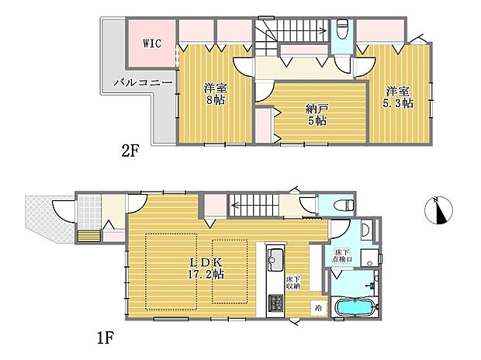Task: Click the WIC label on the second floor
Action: pyautogui.click(x=151, y=43)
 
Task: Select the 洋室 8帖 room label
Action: pyautogui.click(x=216, y=94)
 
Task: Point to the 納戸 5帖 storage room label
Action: pyautogui.click(x=315, y=116)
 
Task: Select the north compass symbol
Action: pyautogui.click(x=439, y=210)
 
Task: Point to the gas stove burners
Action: pyautogui.click(x=275, y=302)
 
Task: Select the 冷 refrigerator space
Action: pyautogui.click(x=318, y=307)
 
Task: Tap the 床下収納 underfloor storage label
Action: pyautogui.click(x=292, y=283)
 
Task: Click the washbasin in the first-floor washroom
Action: pyautogui.click(x=364, y=230)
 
